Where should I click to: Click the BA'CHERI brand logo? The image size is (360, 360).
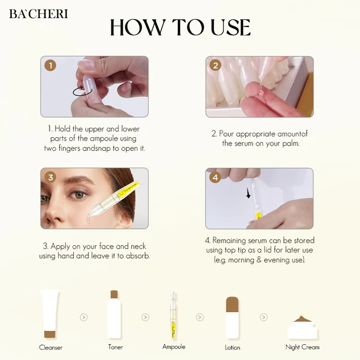(x=39, y=13)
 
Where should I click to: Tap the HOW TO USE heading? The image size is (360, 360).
(x=180, y=27)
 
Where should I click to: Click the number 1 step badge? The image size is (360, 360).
(x=50, y=66)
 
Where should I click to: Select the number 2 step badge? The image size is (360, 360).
(x=215, y=65)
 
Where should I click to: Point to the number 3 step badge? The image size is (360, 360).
(x=50, y=177)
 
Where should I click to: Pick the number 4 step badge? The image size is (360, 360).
(x=215, y=177)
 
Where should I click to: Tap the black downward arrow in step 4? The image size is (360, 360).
(x=248, y=193)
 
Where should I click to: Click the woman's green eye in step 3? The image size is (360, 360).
(x=78, y=195)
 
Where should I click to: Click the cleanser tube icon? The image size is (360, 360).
(x=50, y=314)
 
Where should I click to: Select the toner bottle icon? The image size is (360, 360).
(x=114, y=314)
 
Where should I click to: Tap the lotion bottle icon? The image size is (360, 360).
(x=232, y=318)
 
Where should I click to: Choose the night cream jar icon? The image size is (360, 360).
(x=303, y=327)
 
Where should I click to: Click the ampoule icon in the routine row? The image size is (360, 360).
(x=173, y=315)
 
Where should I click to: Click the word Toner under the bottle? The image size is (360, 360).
(x=115, y=347)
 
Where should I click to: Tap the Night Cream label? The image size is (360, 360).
(x=303, y=347)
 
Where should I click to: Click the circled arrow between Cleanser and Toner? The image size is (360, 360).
(x=84, y=317)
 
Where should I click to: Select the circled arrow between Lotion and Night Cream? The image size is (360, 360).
(x=264, y=317)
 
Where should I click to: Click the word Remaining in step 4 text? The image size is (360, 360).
(x=229, y=240)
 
